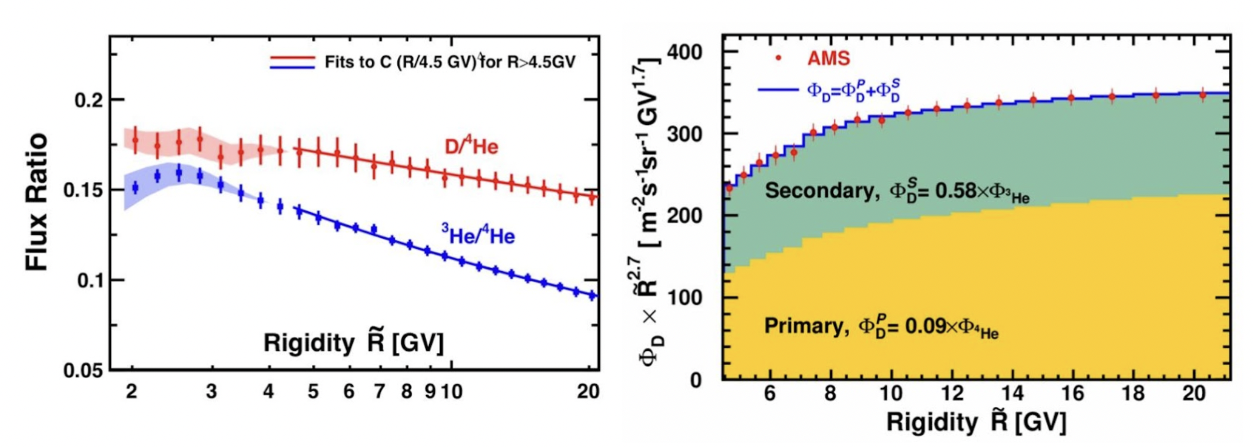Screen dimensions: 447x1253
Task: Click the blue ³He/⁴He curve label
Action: [x=478, y=234]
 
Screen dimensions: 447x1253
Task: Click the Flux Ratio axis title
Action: [x=36, y=202]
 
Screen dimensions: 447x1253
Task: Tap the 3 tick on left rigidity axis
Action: [x=211, y=392]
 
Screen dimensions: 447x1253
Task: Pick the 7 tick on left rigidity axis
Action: [x=379, y=392]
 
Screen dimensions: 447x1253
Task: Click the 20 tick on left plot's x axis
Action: [x=588, y=392]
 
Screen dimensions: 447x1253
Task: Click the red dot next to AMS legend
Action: [x=779, y=59]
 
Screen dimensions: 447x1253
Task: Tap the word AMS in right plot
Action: [x=828, y=58]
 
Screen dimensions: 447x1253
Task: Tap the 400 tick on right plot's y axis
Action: [x=685, y=52]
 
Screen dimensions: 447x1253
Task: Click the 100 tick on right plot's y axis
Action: [x=685, y=297]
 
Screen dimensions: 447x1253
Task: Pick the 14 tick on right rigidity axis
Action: [x=1012, y=394]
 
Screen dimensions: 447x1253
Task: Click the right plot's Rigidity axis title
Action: [x=975, y=422]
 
